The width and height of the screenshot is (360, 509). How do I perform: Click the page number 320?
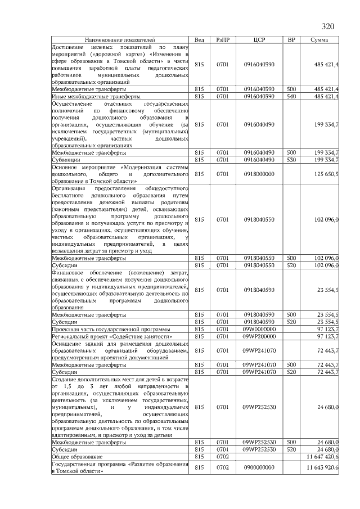pyautogui.click(x=327, y=26)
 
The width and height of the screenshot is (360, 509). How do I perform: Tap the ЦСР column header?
pyautogui.click(x=259, y=40)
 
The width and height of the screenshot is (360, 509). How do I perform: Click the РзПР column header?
pyautogui.click(x=223, y=40)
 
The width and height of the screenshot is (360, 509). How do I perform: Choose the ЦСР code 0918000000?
pyautogui.click(x=259, y=174)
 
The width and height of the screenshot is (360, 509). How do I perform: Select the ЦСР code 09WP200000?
pyautogui.click(x=259, y=336)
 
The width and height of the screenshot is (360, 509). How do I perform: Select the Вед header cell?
pyautogui.click(x=199, y=40)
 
